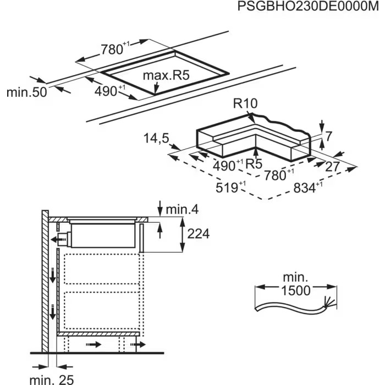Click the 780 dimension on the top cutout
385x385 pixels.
111,49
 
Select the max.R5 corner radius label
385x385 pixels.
166,75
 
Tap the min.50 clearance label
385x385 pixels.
26,92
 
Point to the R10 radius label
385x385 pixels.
245,103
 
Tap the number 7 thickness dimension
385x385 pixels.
329,136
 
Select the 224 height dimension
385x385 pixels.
198,234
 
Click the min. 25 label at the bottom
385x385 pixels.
51,378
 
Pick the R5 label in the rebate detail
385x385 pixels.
254,163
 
